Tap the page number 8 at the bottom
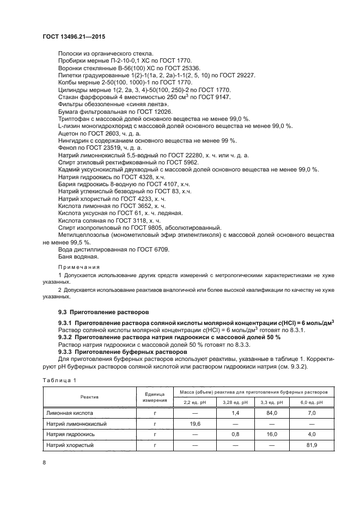44,463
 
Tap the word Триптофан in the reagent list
72,118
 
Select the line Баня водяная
78,256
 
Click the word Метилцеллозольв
83,234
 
